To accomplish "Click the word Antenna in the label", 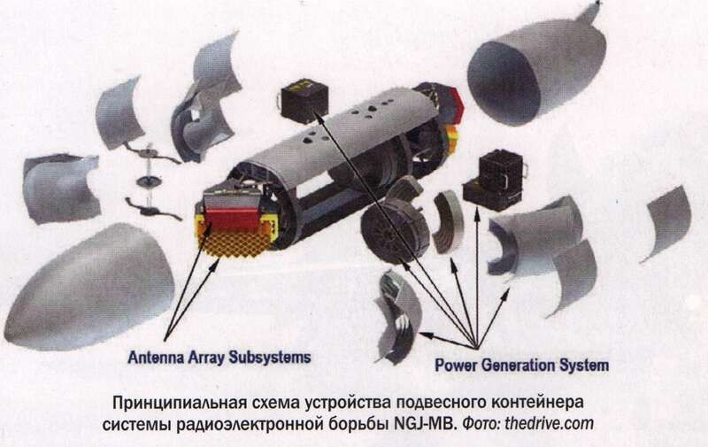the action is tap(156, 358).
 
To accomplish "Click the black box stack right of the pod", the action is tap(495, 181).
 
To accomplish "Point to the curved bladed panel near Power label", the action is tap(396, 317).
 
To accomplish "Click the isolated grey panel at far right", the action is tap(667, 222).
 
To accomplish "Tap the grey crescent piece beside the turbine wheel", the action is tap(448, 221).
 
